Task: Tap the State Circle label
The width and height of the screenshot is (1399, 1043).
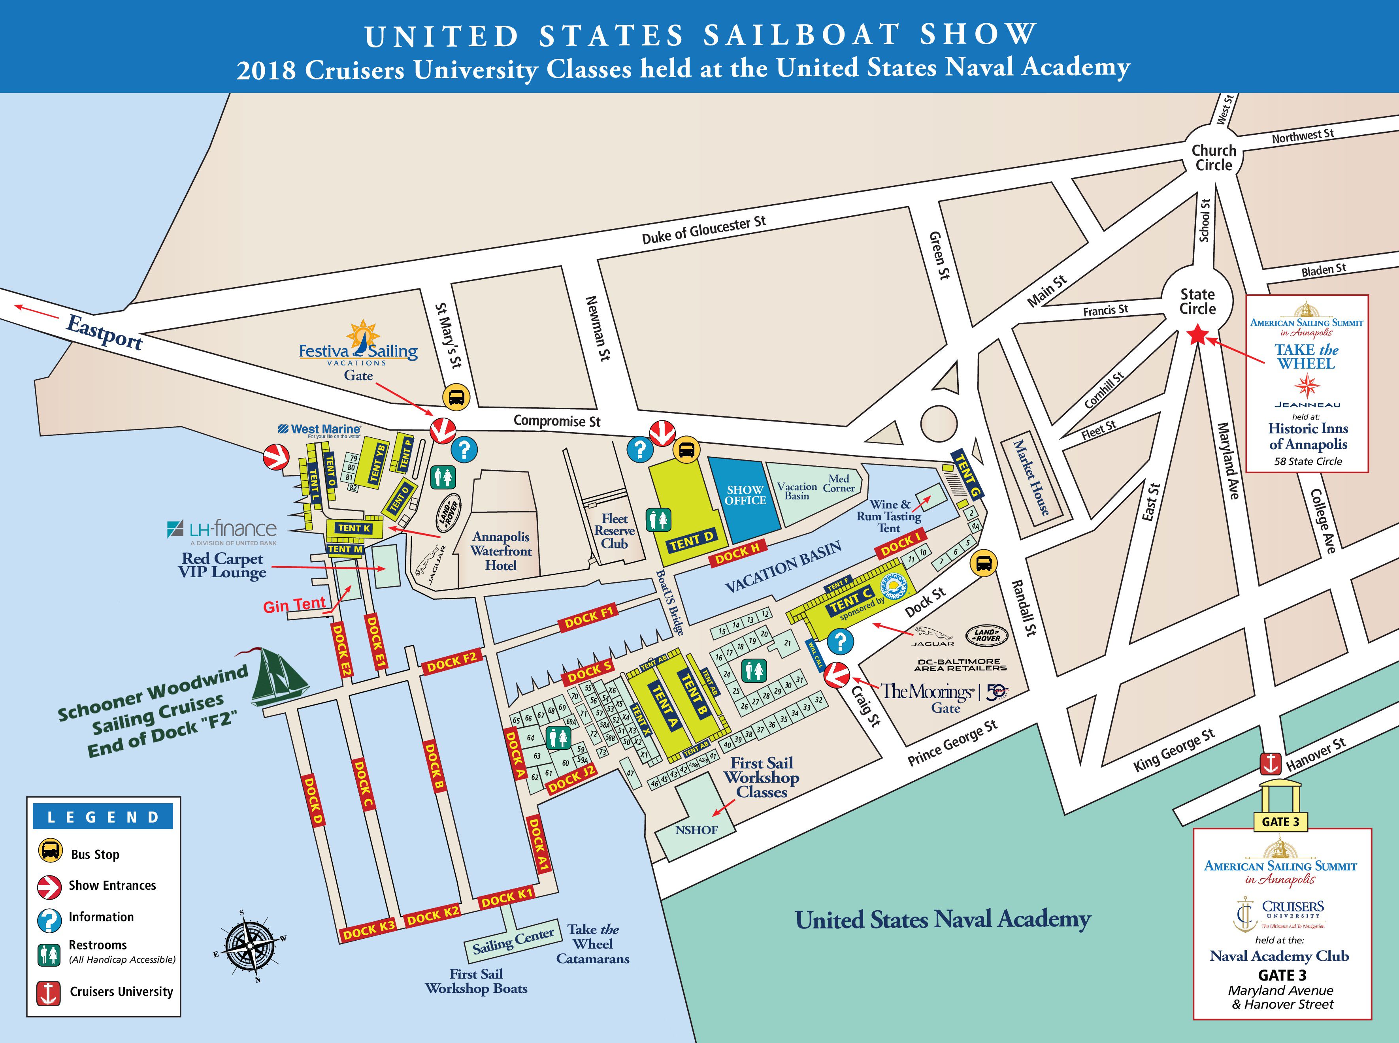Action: click(x=1197, y=302)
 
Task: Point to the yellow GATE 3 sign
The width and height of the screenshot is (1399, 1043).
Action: click(x=1280, y=821)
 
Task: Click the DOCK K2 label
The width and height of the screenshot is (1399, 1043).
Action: click(x=433, y=915)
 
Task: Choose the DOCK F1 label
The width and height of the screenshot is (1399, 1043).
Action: click(x=589, y=617)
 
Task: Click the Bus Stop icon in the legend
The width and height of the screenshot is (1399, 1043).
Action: click(x=50, y=851)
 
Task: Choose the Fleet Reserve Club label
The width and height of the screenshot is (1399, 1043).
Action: click(x=614, y=531)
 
